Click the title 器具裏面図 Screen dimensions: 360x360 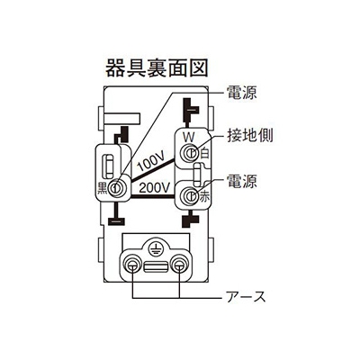click(x=157, y=67)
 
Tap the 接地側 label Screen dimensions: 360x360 click(x=249, y=136)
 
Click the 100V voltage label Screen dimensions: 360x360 click(x=151, y=163)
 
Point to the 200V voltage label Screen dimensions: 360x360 click(x=155, y=188)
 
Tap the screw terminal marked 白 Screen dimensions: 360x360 click(x=190, y=153)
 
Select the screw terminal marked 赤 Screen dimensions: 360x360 click(x=190, y=195)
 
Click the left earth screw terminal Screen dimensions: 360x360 click(x=132, y=265)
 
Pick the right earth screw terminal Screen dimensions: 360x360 click(x=178, y=265)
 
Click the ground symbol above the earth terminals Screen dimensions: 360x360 click(x=155, y=248)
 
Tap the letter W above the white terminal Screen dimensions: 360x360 click(x=189, y=138)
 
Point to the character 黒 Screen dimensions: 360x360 click(x=103, y=188)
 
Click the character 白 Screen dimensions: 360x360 click(x=204, y=153)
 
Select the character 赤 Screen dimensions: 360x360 click(x=204, y=198)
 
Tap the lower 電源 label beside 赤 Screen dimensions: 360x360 click(x=241, y=181)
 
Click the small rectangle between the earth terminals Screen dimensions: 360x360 click(x=156, y=266)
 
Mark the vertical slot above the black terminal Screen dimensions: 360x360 click(x=108, y=166)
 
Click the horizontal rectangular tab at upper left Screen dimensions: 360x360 click(x=121, y=118)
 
